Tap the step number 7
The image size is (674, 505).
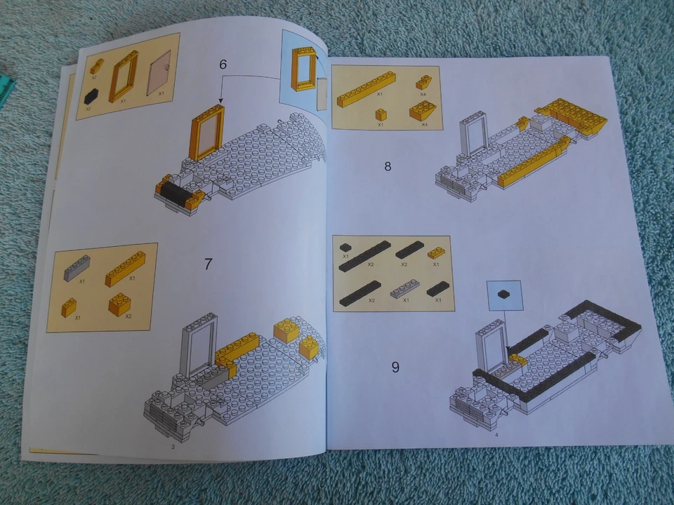(x=208, y=264)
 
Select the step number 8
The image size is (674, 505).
(x=388, y=166)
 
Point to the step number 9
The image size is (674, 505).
(x=395, y=366)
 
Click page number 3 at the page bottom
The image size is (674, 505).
(x=172, y=446)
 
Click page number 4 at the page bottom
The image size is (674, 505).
(x=496, y=435)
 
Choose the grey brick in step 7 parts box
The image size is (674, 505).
(x=77, y=267)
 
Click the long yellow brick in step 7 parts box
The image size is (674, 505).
(x=125, y=269)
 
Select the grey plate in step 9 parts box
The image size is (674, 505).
(x=404, y=288)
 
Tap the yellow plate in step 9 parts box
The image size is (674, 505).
(x=436, y=252)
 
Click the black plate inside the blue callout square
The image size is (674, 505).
(x=504, y=295)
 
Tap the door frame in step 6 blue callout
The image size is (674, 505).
(x=303, y=69)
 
